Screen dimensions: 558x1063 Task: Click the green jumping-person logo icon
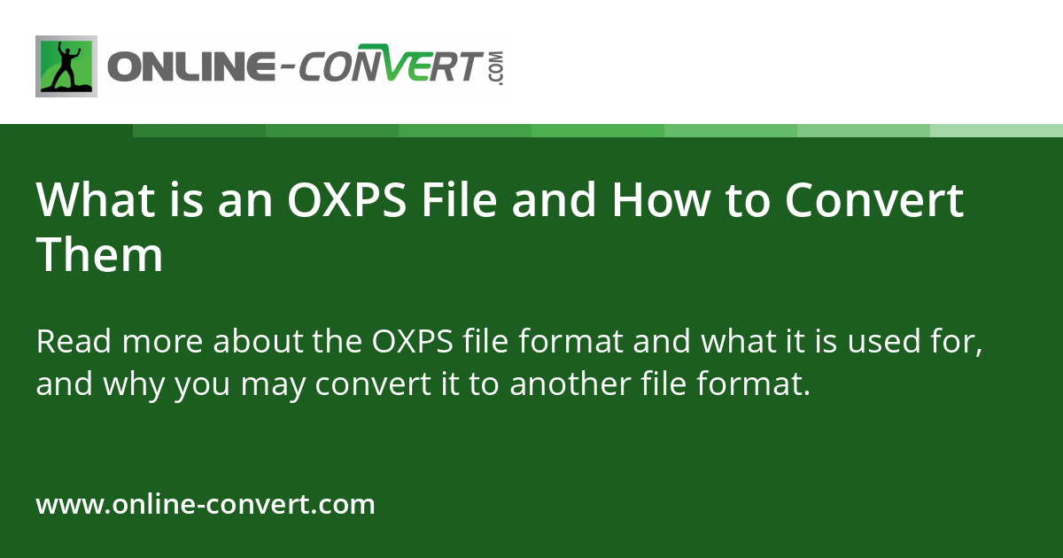(x=66, y=66)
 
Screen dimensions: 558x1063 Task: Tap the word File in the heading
(x=459, y=200)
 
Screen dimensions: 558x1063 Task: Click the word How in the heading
(x=659, y=200)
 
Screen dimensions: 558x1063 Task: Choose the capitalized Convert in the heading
(x=874, y=200)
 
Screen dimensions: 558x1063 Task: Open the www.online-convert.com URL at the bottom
(x=206, y=505)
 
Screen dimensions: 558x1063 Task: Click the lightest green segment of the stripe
(x=997, y=130)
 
